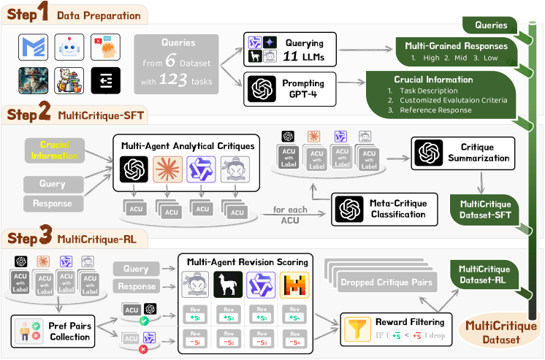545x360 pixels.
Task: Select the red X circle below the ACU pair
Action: [x=145, y=350]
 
